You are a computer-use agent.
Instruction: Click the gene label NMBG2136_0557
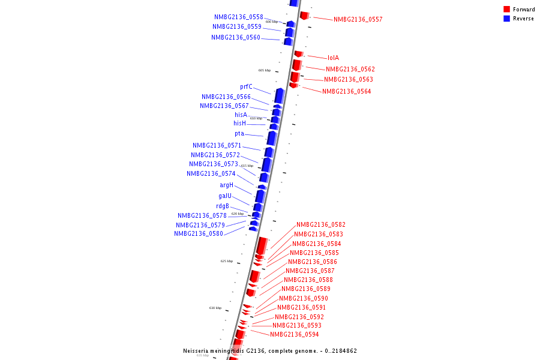tap(358, 20)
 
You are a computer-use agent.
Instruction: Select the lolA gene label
tap(333, 58)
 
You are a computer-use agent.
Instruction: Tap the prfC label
tap(246, 87)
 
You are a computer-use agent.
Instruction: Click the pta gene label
tap(239, 134)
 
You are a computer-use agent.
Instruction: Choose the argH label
tap(226, 185)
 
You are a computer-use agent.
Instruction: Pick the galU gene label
tap(225, 196)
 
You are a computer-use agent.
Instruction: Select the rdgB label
tap(223, 206)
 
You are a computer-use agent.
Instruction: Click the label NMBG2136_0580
tap(199, 234)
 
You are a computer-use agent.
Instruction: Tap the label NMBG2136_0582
tap(320, 225)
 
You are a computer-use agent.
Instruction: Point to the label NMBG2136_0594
tap(294, 335)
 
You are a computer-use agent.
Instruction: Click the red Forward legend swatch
tap(506, 10)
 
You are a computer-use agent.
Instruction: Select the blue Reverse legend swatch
tap(506, 19)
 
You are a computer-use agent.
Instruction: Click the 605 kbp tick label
tap(265, 70)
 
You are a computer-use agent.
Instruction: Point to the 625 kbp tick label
tap(227, 261)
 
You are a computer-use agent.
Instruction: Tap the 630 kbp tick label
tap(215, 308)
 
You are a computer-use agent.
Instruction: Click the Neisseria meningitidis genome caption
tap(270, 351)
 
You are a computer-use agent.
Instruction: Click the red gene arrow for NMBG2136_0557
tap(304, 15)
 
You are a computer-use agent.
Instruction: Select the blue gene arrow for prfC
tap(279, 95)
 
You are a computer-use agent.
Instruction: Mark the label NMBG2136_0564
tap(346, 92)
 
